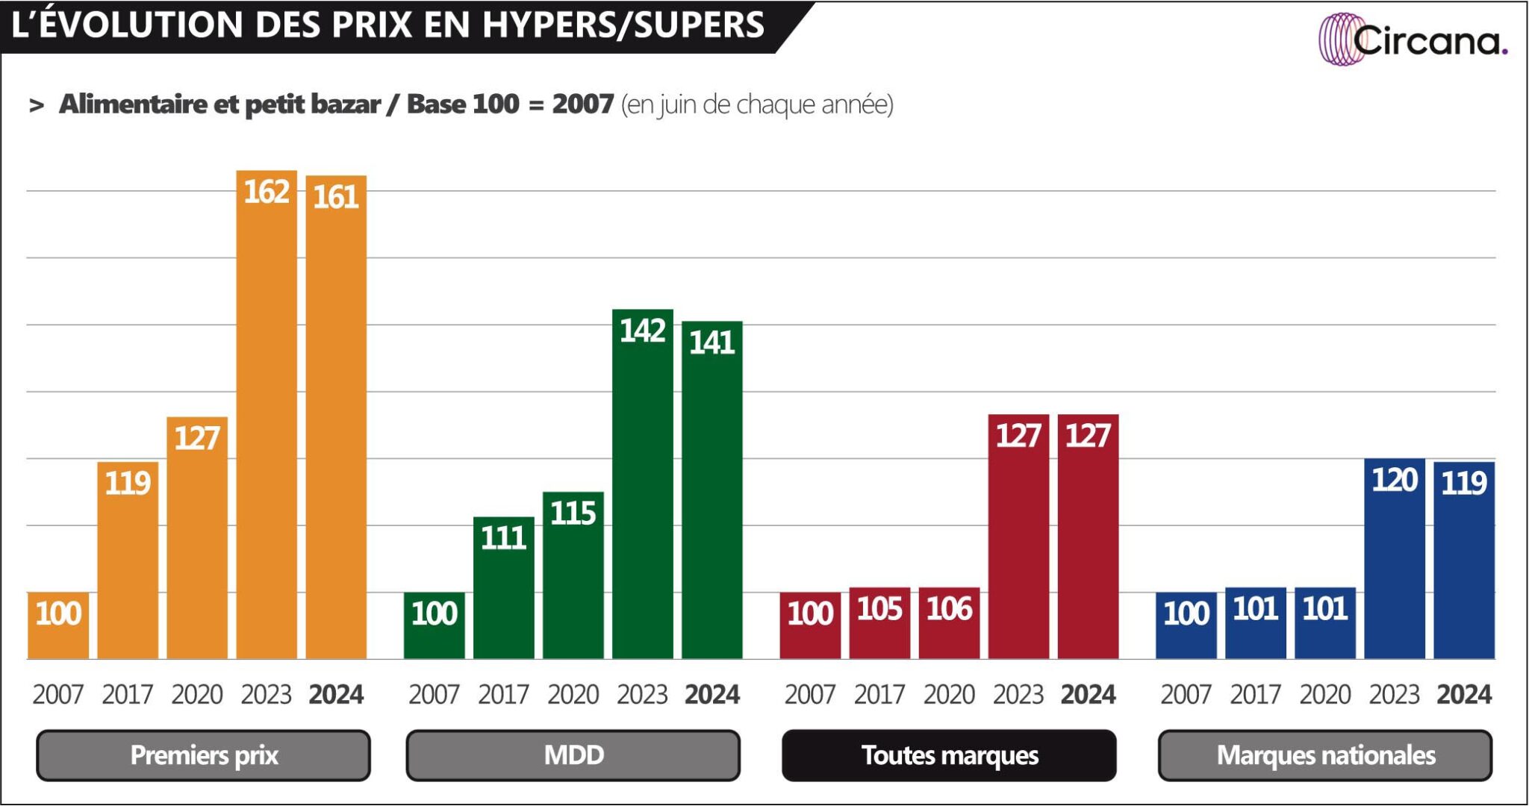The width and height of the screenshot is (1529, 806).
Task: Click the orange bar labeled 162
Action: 267,418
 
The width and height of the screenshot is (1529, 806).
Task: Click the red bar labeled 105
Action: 879,627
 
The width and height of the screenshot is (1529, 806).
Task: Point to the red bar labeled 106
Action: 949,627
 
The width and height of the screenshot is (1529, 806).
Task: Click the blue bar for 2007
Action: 1186,627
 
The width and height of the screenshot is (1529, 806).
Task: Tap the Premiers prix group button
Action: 203,755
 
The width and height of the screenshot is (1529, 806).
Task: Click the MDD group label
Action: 573,755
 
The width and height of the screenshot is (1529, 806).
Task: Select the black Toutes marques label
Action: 949,755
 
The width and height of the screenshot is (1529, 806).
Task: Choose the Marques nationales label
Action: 1325,755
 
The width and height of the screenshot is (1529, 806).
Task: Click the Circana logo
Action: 1413,40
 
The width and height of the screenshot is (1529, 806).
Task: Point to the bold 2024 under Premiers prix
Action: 336,695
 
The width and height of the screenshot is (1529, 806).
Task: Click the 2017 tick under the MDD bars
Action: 503,695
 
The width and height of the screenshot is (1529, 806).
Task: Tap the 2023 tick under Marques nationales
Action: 1394,695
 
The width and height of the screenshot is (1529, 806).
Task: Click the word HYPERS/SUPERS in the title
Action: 623,25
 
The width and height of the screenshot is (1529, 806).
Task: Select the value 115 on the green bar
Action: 573,513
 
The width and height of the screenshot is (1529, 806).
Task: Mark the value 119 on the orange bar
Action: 128,484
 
